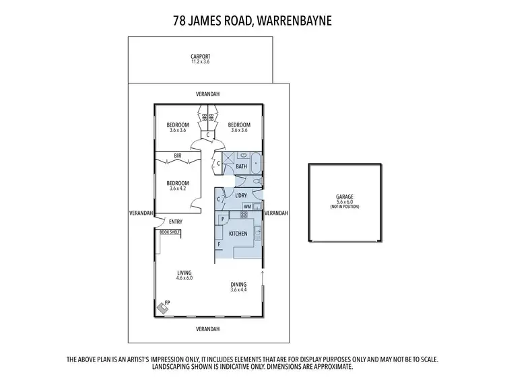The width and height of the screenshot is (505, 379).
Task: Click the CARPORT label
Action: (x=201, y=57)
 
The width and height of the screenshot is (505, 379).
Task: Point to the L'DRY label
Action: (x=240, y=196)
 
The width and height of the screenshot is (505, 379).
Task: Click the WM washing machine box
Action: (x=247, y=206)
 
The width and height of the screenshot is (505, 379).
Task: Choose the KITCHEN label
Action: (x=239, y=234)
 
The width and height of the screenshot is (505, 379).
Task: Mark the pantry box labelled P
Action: (x=222, y=219)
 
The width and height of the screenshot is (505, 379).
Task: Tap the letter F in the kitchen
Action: (x=220, y=244)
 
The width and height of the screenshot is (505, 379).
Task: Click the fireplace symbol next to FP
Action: (x=163, y=307)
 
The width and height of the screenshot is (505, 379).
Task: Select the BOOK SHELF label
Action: (x=170, y=232)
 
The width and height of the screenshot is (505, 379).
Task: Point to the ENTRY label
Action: (x=176, y=221)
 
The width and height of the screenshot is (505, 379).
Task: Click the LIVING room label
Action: (x=184, y=272)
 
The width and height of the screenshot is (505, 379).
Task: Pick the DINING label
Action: (x=239, y=284)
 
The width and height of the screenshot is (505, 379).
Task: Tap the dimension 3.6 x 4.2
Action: (x=178, y=188)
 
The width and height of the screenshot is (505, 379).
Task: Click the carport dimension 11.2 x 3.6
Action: (x=201, y=62)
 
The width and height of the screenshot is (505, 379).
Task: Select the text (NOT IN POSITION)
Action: (x=345, y=206)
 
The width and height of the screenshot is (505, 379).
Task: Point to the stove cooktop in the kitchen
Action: (x=244, y=215)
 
